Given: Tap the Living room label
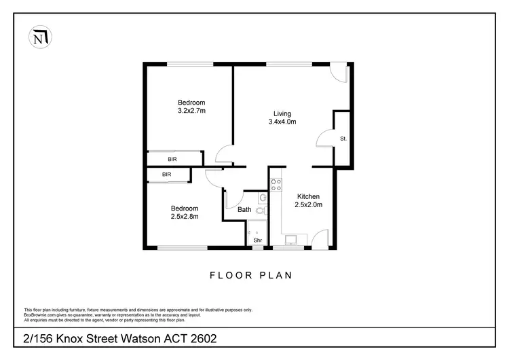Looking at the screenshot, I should pos(282,113).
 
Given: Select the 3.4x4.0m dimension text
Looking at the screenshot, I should pos(282,122).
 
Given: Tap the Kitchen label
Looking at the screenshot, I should pos(307,196).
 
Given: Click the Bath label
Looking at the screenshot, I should pos(244,210).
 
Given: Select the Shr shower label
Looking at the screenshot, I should pos(257,240).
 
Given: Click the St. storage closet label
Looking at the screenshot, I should pos(343,139).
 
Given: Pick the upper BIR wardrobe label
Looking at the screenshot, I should pos(174,159).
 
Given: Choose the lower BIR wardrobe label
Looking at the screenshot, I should pos(166,175).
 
